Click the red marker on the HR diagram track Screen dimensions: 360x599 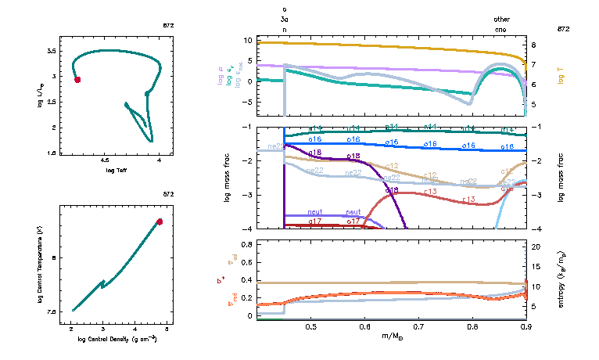[77, 80]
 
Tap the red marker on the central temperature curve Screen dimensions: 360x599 [160, 221]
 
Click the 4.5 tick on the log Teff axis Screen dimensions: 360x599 [105, 160]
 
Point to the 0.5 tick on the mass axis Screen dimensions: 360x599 [310, 326]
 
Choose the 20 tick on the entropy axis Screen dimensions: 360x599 [536, 247]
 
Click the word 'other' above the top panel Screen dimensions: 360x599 [501, 19]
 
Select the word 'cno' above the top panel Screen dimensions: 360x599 [501, 28]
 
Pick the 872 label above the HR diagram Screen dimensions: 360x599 [168, 26]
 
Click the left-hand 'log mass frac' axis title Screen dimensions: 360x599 [227, 178]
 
